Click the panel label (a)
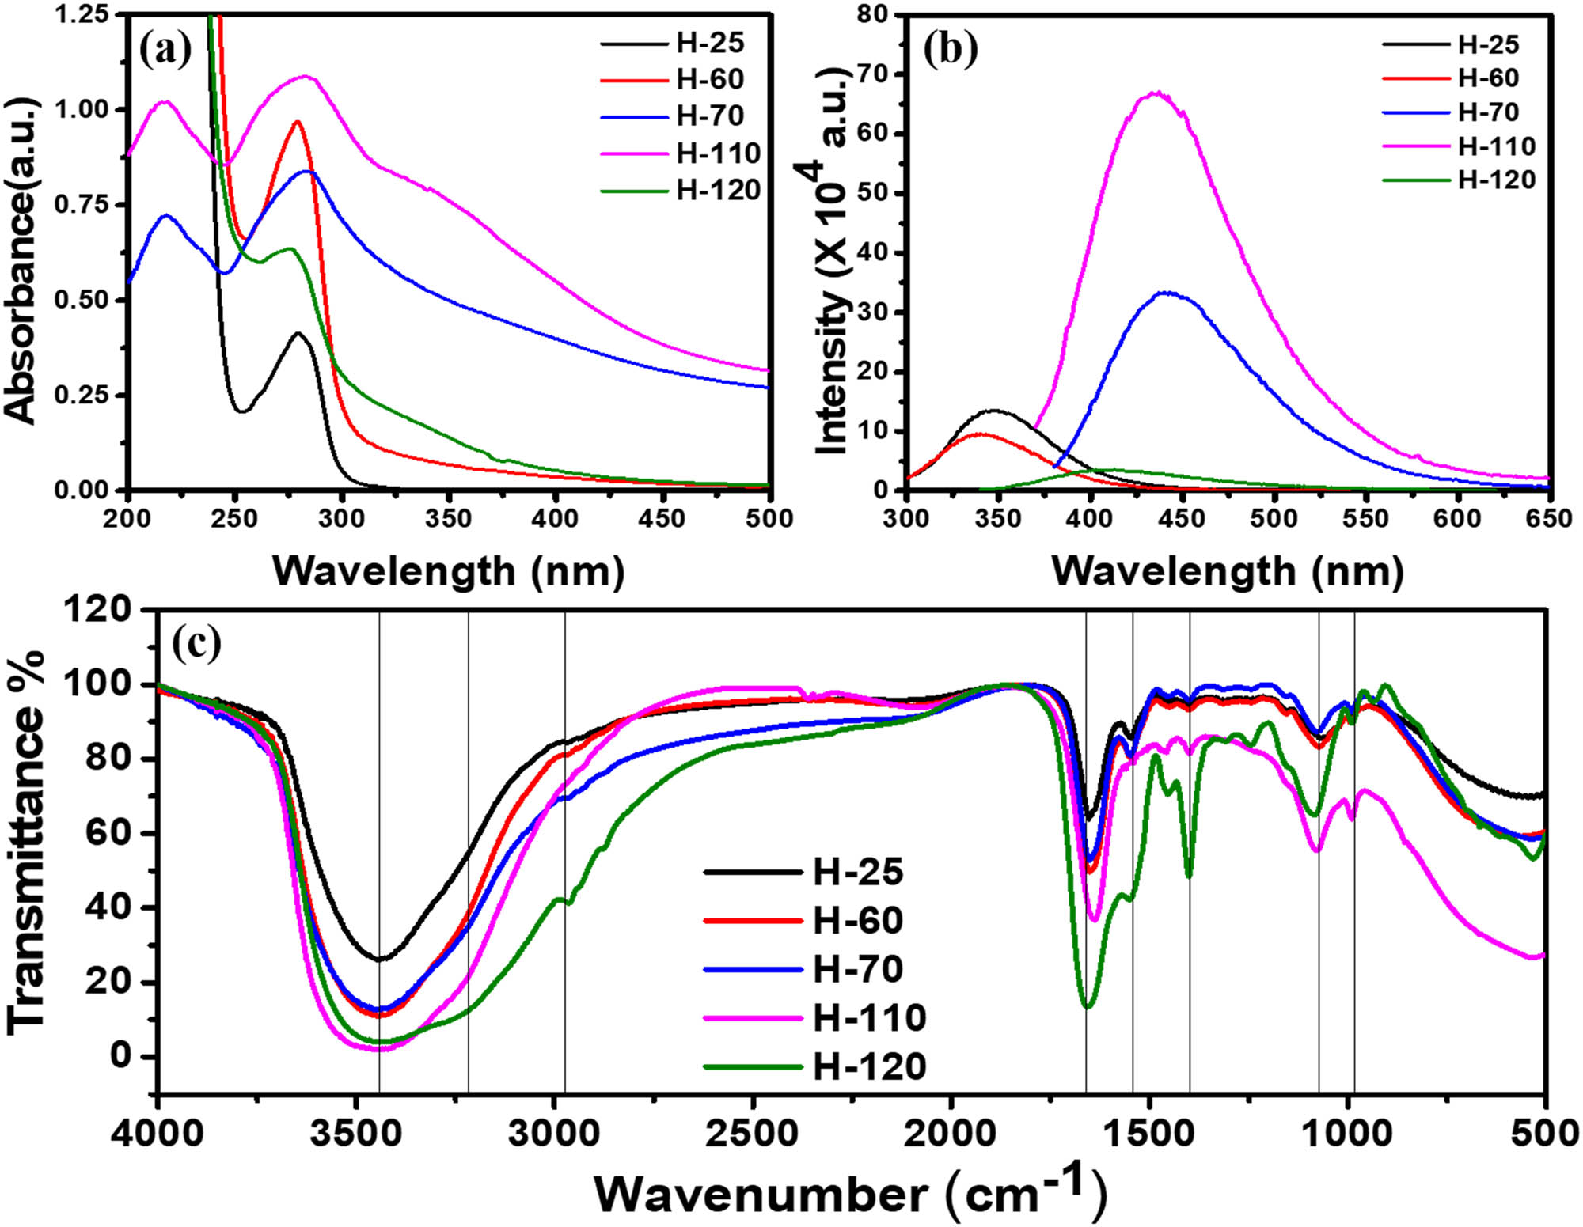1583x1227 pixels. coord(165,51)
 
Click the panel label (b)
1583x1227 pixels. coord(950,49)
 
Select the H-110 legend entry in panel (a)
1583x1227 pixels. coord(718,153)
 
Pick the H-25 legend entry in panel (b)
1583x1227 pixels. coord(1488,44)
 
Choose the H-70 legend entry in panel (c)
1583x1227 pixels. coord(858,969)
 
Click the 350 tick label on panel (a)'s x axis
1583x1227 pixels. coord(448,519)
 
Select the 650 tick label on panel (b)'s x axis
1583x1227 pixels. coord(1548,519)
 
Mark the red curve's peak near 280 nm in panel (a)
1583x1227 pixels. coord(298,122)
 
